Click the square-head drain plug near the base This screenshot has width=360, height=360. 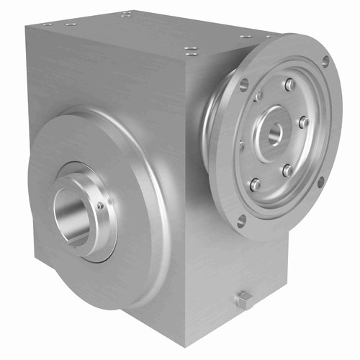click(246, 300)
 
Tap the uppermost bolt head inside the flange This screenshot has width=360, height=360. click(289, 85)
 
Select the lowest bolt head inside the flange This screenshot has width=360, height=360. click(255, 184)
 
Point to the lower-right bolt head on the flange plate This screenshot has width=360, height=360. click(287, 171)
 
